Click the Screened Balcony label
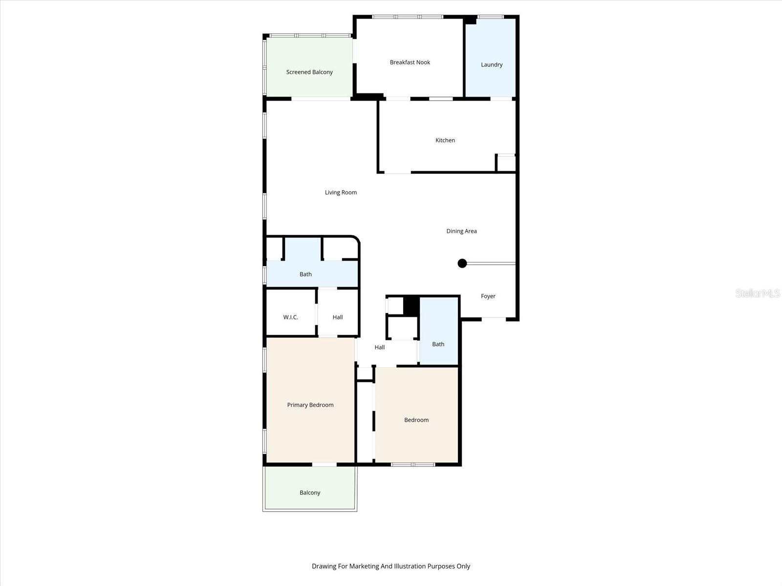[309, 72]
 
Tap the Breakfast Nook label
[410, 63]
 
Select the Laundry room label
[491, 64]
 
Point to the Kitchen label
[445, 140]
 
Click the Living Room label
[341, 192]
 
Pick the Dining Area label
[461, 231]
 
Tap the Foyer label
[488, 296]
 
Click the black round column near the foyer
[462, 264]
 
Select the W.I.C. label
[290, 317]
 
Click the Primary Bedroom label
[310, 405]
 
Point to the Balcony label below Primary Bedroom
[310, 493]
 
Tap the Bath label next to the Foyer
[438, 344]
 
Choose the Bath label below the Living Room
[305, 274]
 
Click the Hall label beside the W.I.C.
[337, 317]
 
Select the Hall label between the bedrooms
[379, 348]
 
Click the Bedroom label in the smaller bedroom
[416, 420]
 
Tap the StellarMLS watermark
[757, 293]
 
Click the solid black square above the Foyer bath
[411, 305]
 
